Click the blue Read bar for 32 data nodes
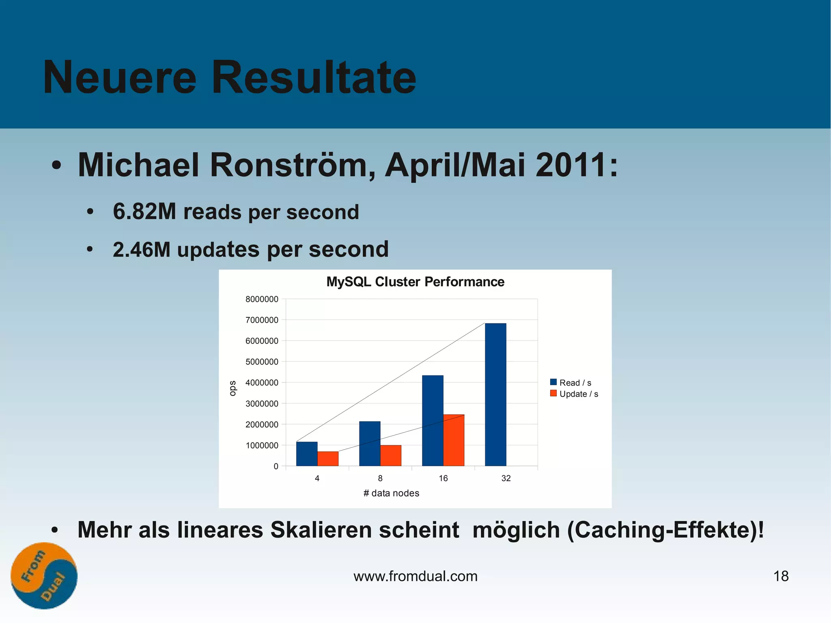coord(495,394)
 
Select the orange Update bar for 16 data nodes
coord(454,440)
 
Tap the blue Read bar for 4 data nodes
coord(307,454)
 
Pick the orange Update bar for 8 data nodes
coord(391,455)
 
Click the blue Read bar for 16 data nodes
coord(433,420)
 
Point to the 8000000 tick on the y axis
coord(262,299)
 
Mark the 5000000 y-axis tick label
coord(262,362)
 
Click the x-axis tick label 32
coord(506,478)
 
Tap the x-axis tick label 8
coord(380,478)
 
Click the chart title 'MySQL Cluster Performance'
coord(415,282)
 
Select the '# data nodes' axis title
coord(391,493)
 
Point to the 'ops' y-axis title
coord(233,388)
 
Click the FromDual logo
coord(44,576)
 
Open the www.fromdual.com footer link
coord(415,576)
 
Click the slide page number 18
coord(781,576)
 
